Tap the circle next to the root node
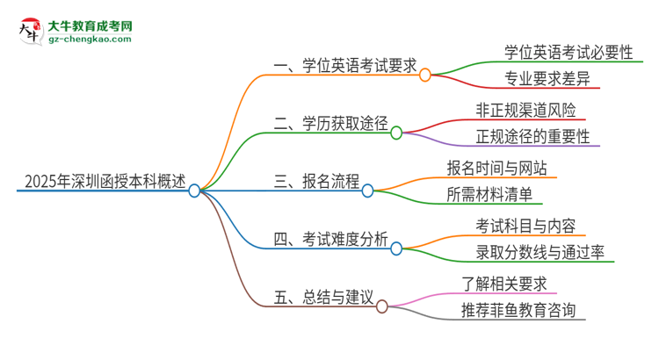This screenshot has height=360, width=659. point(194,190)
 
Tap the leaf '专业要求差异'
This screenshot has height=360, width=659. point(535,80)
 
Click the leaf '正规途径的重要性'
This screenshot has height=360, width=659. point(532,138)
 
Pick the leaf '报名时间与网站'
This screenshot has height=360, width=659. point(502,168)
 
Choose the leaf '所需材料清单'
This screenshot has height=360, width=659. point(489,195)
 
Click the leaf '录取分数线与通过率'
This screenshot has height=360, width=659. point(533,254)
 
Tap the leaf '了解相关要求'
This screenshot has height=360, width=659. point(504,283)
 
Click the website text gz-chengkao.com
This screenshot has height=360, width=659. point(90,40)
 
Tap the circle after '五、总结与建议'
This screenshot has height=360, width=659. point(382,306)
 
